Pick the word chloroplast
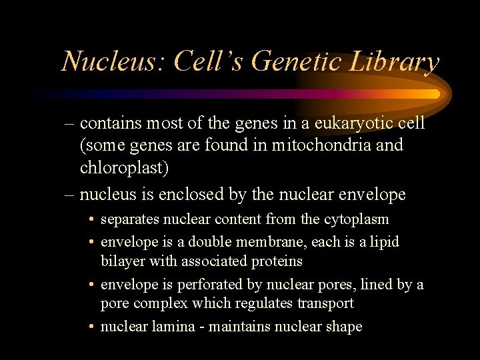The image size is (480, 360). pos(124,167)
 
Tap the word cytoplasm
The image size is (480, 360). pos(356,219)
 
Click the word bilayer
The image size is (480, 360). pos(123,261)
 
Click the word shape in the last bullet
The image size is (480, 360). pos(343,327)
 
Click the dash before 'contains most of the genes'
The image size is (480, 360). pos(70,124)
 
